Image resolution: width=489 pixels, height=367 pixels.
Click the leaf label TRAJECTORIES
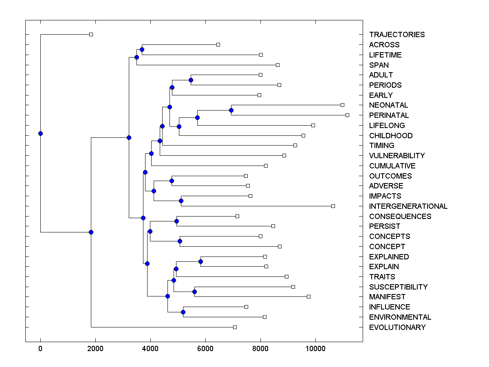396,35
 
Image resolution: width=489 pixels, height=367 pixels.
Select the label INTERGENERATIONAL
408,206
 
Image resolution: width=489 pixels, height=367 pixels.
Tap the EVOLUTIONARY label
397,327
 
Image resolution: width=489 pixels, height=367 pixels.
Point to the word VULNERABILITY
396,156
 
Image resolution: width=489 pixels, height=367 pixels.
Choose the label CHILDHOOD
390,136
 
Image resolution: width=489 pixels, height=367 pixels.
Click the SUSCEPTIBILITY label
398,287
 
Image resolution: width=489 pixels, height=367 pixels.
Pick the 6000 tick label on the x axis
205,348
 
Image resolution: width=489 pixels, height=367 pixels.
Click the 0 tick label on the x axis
40,348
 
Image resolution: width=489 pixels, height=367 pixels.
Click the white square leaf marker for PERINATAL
347,115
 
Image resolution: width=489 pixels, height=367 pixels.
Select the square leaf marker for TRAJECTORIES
91,34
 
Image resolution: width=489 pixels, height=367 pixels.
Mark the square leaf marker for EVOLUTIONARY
235,327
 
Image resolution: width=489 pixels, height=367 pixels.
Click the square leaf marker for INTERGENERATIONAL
333,206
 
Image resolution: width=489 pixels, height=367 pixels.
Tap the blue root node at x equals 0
40,133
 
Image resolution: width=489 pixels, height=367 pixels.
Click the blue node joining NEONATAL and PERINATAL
231,110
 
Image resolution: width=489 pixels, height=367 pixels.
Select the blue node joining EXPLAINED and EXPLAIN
200,261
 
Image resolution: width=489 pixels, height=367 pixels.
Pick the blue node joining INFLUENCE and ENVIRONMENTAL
183,312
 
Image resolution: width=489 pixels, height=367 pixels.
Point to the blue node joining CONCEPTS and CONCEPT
180,241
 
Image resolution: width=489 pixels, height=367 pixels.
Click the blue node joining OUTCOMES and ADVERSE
172,181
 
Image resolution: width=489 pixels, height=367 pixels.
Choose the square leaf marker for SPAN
278,65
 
